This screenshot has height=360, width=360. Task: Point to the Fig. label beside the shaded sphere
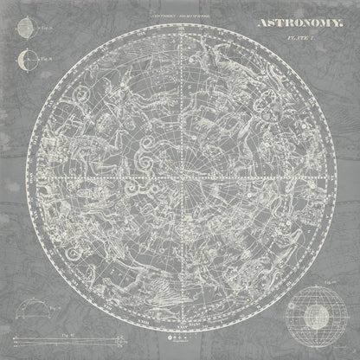(40, 28)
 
